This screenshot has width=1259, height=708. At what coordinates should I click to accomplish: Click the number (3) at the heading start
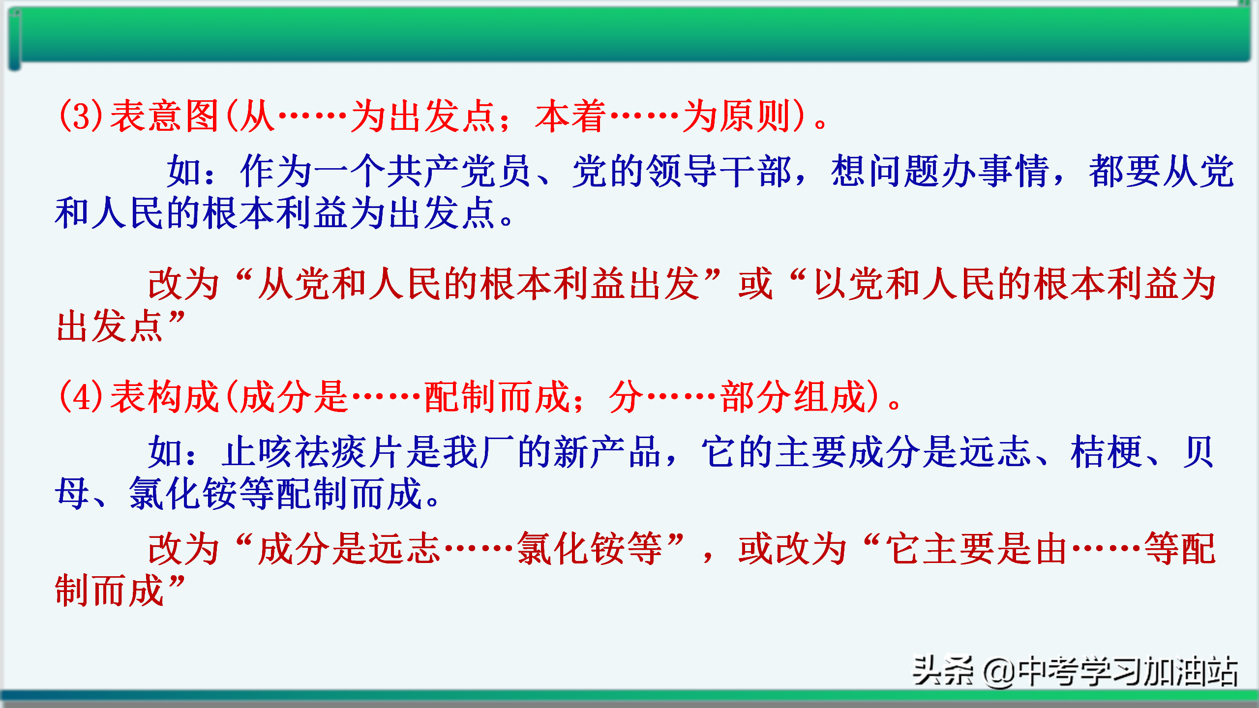[x=81, y=116]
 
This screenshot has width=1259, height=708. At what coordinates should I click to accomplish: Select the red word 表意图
[x=164, y=116]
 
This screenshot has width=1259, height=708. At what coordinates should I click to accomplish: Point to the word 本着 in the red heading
[x=570, y=116]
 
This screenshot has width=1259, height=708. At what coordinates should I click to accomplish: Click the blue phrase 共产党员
[x=458, y=171]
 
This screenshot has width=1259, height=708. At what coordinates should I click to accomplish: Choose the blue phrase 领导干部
[x=719, y=171]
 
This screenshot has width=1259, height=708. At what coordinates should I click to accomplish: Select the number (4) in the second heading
[x=81, y=396]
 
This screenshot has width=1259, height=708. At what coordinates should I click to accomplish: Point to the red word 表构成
[x=164, y=396]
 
